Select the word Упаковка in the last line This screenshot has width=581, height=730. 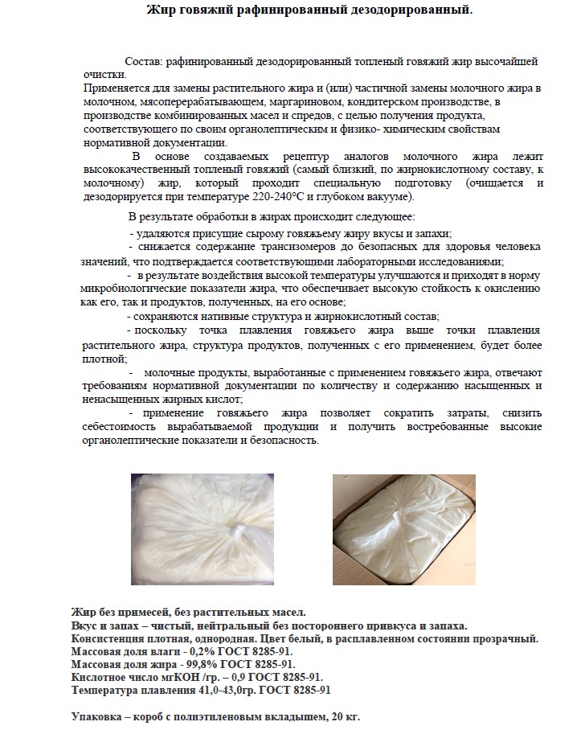click(97, 716)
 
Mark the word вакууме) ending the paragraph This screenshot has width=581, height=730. click(391, 196)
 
